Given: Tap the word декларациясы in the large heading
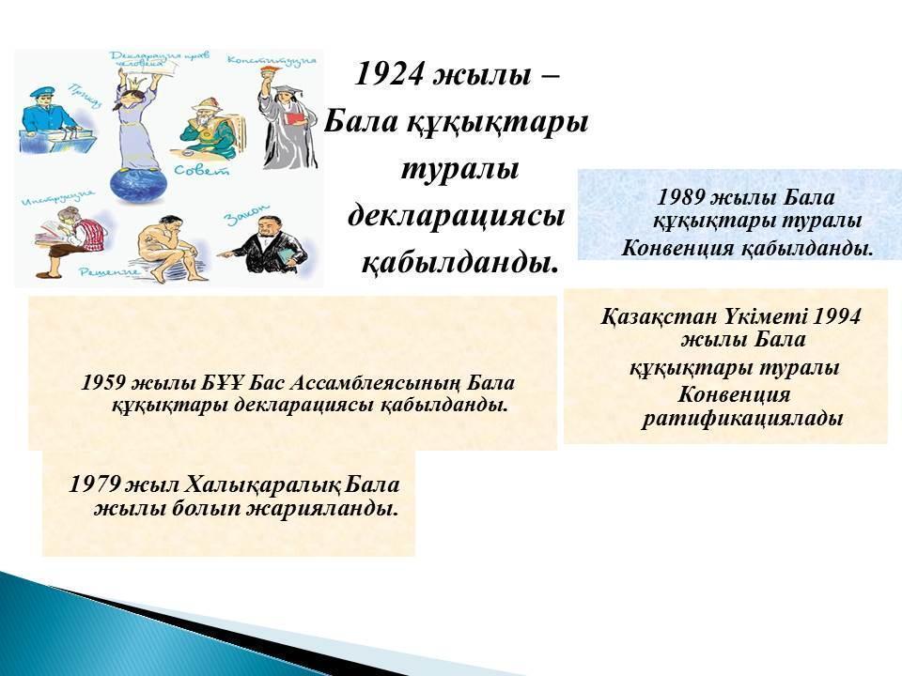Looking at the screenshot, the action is (x=457, y=217).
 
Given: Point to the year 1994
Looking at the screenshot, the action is (x=837, y=316).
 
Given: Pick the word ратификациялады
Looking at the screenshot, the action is (x=742, y=418).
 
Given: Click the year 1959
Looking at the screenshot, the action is (x=104, y=383).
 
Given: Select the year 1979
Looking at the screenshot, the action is (x=94, y=484).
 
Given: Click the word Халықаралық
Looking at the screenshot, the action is (x=262, y=484).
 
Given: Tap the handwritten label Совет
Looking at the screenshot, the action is (x=202, y=169).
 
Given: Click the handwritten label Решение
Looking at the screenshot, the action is (x=109, y=271).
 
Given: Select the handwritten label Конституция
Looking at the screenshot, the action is (x=272, y=60).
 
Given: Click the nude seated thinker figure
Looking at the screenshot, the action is (x=173, y=248).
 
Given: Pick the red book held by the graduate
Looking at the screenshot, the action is (x=295, y=118).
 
